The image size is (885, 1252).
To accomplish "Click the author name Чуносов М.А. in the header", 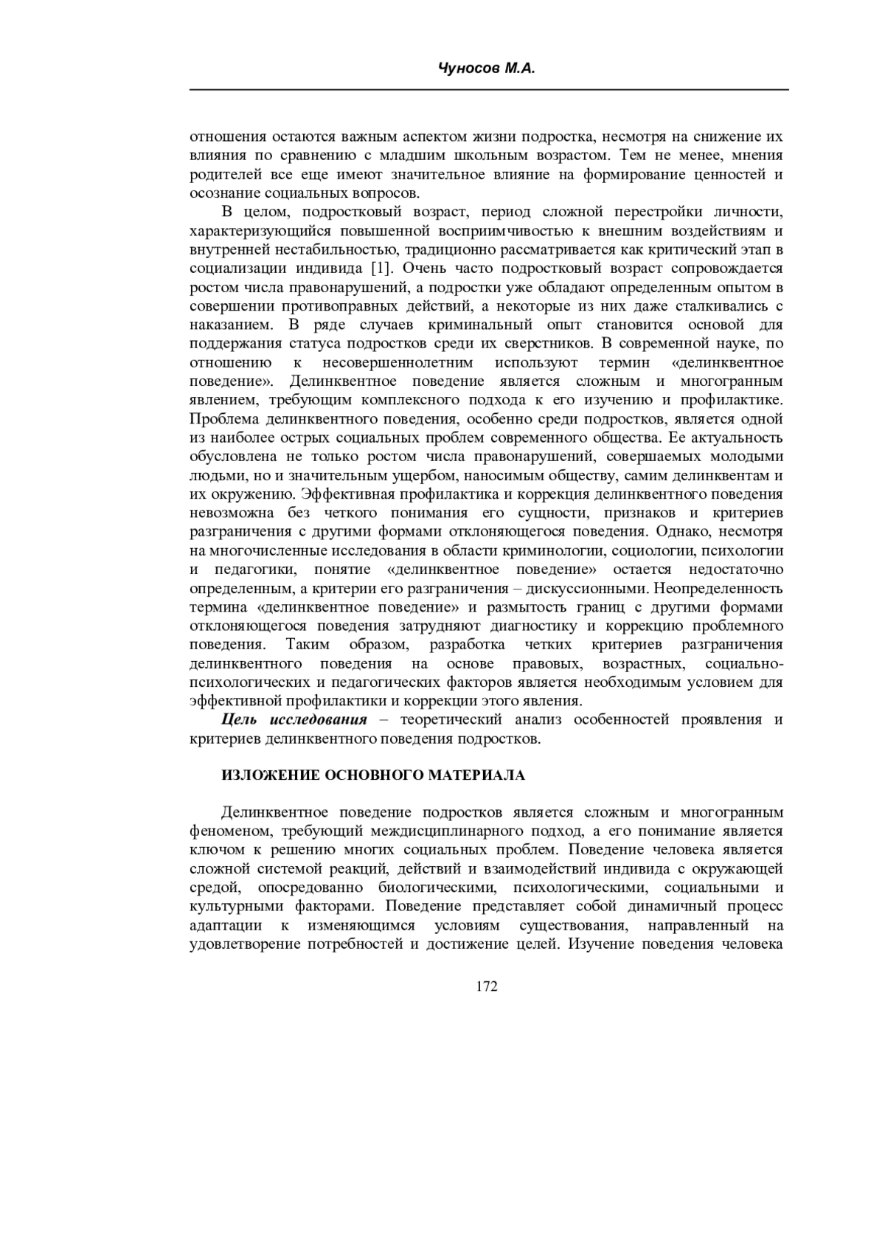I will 486,69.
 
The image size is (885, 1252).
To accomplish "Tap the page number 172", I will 487,987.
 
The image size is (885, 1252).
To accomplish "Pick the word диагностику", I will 546,626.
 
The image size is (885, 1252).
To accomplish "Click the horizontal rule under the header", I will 489,90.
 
